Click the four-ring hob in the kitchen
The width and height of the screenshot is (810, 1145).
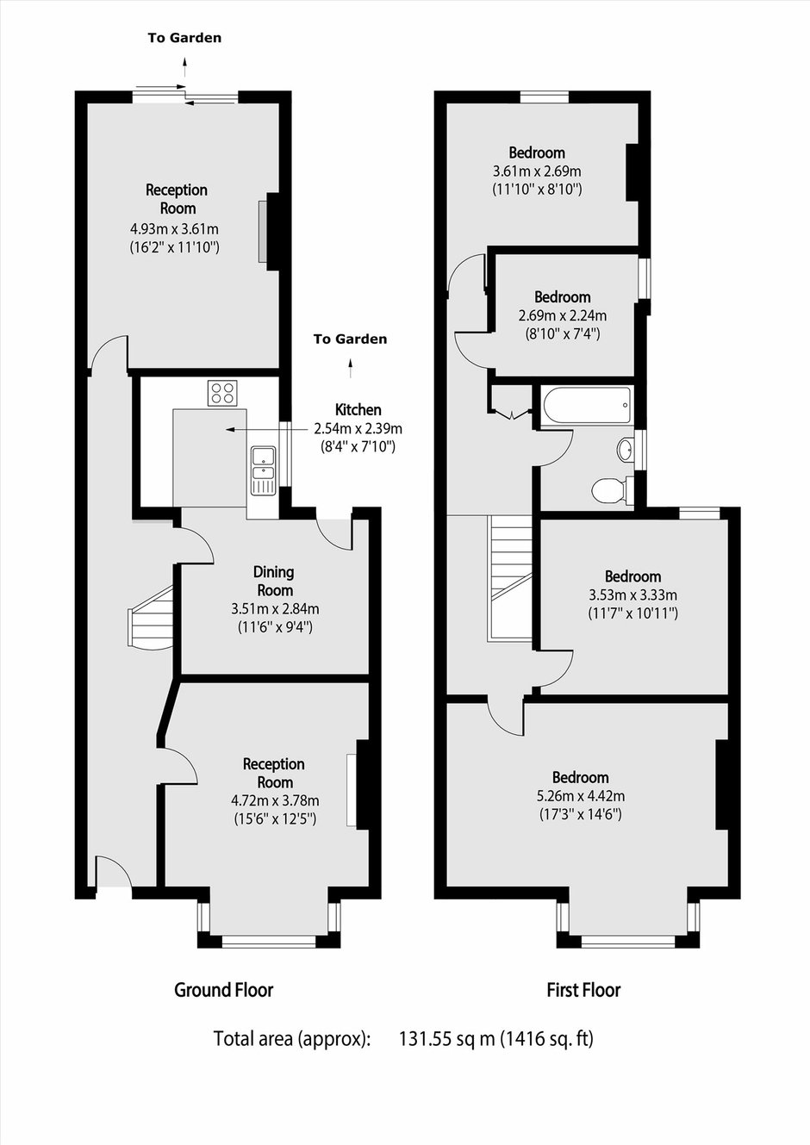[x=222, y=393]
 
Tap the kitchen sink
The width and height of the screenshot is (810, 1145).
[x=264, y=470]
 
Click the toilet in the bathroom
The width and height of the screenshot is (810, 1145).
[x=612, y=490]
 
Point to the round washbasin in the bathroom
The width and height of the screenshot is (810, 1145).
[x=625, y=451]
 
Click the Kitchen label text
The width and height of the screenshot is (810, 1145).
[x=358, y=409]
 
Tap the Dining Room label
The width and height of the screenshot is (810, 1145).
[x=275, y=582]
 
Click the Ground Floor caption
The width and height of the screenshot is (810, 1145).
[x=224, y=990]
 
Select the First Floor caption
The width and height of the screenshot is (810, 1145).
[x=583, y=990]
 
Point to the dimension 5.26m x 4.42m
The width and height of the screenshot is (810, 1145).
[x=581, y=796]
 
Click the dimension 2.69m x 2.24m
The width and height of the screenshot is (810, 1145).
[x=563, y=315]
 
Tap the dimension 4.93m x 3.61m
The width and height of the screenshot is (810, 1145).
[x=175, y=228]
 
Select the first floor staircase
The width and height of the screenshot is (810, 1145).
[x=510, y=576]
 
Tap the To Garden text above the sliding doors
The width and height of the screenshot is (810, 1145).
[x=184, y=38]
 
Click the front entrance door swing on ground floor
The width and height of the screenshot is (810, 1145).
[x=114, y=870]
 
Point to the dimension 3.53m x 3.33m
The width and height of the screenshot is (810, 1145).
[x=633, y=595]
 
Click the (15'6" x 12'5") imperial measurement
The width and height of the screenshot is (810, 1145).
[x=275, y=819]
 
